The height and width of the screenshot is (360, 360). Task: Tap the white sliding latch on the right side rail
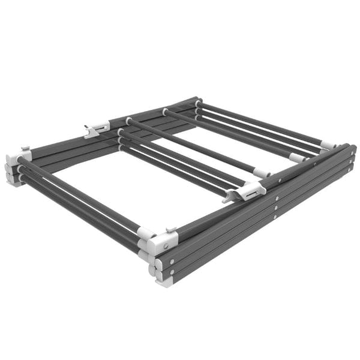tap(251, 191)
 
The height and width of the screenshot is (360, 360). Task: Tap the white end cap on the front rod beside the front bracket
tap(145, 233)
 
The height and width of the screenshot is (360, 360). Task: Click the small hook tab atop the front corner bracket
tap(170, 230)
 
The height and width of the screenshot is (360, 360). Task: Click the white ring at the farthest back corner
tap(199, 103)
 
